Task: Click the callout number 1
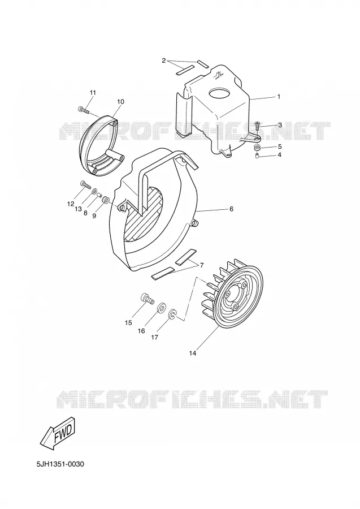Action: [278, 96]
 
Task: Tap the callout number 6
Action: [231, 209]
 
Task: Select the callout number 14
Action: [193, 353]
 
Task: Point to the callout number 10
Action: [120, 102]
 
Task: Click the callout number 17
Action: [155, 337]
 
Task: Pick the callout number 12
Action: [71, 204]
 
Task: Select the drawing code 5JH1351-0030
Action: [60, 464]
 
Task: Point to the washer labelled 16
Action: [161, 308]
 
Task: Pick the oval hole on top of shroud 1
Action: [220, 93]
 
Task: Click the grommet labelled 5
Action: [258, 148]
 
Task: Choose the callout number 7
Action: [201, 265]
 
